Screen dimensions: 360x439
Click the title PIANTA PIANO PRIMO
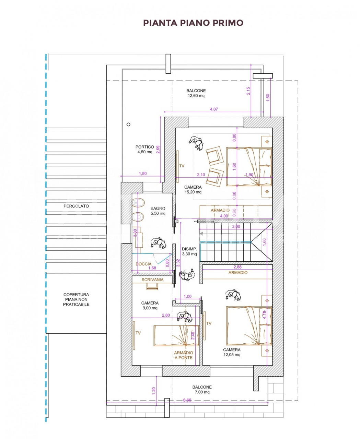[x=193, y=23]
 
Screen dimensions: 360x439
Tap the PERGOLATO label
[x=76, y=206]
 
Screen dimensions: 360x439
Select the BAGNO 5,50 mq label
[x=158, y=211]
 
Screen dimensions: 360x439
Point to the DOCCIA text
[x=143, y=264]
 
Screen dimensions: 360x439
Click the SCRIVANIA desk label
[x=152, y=280]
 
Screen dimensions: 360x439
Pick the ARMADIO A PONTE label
[x=184, y=355]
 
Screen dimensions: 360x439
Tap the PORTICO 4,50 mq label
[x=145, y=149]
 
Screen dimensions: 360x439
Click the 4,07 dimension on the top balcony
[x=214, y=109]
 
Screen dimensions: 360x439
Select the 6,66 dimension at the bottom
[x=187, y=400]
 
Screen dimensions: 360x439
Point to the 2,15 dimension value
[x=248, y=91]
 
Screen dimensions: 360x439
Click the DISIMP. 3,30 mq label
[x=189, y=251]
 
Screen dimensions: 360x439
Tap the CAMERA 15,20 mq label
[x=193, y=190]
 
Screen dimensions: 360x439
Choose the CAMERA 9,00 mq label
[x=150, y=305]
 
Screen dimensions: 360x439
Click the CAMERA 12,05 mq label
[x=232, y=352]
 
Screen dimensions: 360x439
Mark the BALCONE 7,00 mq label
[x=202, y=390]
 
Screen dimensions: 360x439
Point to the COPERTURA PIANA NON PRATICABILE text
[x=76, y=299]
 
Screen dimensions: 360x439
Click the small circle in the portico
[x=129, y=124]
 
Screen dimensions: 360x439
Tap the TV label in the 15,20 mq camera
[x=182, y=166]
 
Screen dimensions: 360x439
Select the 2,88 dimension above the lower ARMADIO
[x=237, y=267]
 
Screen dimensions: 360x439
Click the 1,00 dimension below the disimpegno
[x=187, y=296]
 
